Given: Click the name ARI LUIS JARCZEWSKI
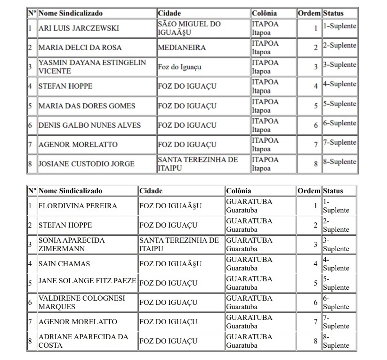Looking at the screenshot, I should [x=79, y=28].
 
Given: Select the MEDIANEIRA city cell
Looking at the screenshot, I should [x=179, y=48].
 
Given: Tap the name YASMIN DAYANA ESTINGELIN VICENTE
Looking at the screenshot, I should [x=92, y=67].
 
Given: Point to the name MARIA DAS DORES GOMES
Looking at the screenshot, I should [x=87, y=106].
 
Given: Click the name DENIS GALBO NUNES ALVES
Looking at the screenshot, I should [x=89, y=125].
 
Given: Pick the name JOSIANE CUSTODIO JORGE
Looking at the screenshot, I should [x=86, y=164].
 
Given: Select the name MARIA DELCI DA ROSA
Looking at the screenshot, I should [x=80, y=48].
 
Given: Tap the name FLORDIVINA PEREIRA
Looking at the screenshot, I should [x=78, y=206].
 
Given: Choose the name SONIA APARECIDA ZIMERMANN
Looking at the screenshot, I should [x=72, y=245].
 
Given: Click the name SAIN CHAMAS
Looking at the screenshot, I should [x=64, y=264].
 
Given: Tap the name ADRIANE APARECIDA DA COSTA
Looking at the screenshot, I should [x=83, y=341].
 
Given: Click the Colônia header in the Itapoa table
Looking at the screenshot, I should [x=265, y=13].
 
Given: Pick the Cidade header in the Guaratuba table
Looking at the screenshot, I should [x=151, y=191].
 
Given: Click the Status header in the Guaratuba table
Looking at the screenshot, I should [x=333, y=191].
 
